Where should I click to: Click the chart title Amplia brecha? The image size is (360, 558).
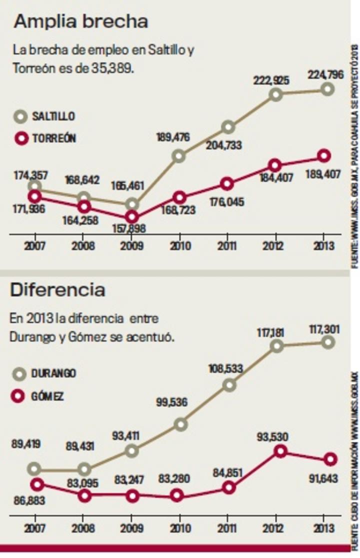click(x=81, y=21)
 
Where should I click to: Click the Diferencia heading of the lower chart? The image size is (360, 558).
click(x=57, y=289)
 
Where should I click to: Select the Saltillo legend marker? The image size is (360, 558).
click(x=20, y=116)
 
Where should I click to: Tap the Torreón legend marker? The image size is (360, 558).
click(x=20, y=138)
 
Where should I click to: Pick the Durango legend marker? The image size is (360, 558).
click(x=20, y=373)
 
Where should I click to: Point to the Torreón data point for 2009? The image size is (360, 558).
click(x=131, y=217)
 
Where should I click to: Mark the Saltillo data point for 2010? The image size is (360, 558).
click(x=179, y=156)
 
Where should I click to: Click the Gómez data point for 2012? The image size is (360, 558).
click(x=280, y=451)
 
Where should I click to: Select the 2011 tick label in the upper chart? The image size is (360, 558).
click(x=227, y=246)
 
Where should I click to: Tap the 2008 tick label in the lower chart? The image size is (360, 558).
click(x=84, y=528)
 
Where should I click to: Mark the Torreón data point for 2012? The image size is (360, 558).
click(x=275, y=165)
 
